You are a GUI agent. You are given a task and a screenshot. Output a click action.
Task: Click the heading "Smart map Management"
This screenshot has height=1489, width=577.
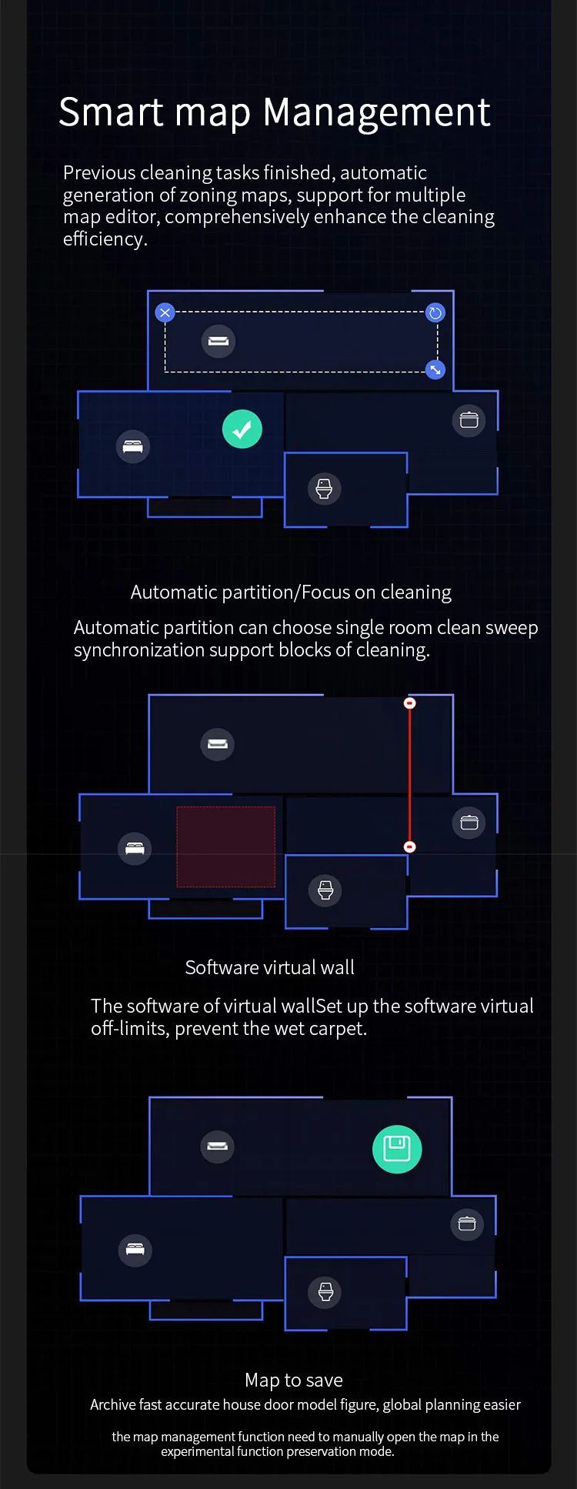274,112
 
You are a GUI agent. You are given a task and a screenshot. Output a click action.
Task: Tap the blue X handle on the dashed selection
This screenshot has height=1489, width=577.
165,312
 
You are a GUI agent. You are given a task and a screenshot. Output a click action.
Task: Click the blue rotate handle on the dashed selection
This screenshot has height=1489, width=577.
435,312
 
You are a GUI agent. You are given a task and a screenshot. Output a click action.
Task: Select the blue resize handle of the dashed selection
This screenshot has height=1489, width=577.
435,369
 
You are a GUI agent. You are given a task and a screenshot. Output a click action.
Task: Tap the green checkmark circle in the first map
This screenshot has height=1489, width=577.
242,429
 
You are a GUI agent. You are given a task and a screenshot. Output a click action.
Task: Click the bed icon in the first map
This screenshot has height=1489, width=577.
132,446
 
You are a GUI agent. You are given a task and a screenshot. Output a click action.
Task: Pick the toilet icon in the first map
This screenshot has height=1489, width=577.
324,489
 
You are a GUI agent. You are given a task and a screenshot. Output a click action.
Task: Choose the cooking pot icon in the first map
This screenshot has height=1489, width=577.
469,420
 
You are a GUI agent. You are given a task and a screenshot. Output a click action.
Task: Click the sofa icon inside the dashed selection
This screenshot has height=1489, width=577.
218,341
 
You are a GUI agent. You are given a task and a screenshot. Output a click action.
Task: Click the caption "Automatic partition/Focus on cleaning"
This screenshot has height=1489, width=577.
291,592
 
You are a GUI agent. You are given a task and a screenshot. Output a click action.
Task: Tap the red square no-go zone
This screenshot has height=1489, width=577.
226,846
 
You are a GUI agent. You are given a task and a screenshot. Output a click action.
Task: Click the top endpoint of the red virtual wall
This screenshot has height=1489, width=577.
410,703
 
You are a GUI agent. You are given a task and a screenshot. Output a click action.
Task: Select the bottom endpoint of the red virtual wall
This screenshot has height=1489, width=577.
410,846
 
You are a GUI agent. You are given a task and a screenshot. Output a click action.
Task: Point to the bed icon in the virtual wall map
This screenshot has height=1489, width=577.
135,849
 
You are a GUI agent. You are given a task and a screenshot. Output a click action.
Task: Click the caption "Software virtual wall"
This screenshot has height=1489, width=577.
269,967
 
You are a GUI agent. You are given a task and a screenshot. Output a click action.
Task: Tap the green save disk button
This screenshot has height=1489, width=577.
397,1149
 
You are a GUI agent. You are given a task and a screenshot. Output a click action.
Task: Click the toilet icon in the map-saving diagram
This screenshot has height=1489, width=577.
325,1292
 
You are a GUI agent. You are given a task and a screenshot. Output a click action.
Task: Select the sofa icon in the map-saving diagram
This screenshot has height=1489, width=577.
218,1147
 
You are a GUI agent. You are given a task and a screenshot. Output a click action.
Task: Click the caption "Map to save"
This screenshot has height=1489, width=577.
294,1380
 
